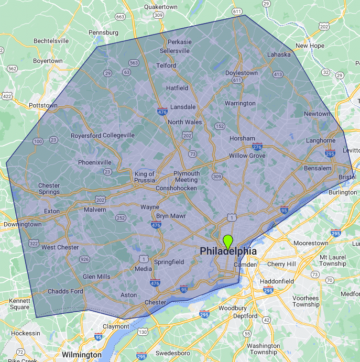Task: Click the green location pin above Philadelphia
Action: pyautogui.click(x=227, y=242)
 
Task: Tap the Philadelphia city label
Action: pyautogui.click(x=228, y=251)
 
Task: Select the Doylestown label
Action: pyautogui.click(x=242, y=73)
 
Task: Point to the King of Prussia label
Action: pyautogui.click(x=145, y=177)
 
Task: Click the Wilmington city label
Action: pyautogui.click(x=81, y=355)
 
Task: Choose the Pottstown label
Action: pyautogui.click(x=43, y=105)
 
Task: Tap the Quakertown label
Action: pyautogui.click(x=161, y=7)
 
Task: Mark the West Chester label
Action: pyautogui.click(x=60, y=247)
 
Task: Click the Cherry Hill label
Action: pyautogui.click(x=282, y=264)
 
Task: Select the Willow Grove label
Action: pyautogui.click(x=247, y=156)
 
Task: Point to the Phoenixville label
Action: pyautogui.click(x=95, y=162)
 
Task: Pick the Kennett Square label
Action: pyautogui.click(x=20, y=304)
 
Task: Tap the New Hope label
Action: pyautogui.click(x=310, y=46)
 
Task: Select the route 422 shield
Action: pyautogui.click(x=7, y=96)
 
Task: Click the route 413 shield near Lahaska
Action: pyautogui.click(x=277, y=74)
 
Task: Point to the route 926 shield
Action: pyautogui.click(x=84, y=259)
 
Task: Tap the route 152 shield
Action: pyautogui.click(x=220, y=126)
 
